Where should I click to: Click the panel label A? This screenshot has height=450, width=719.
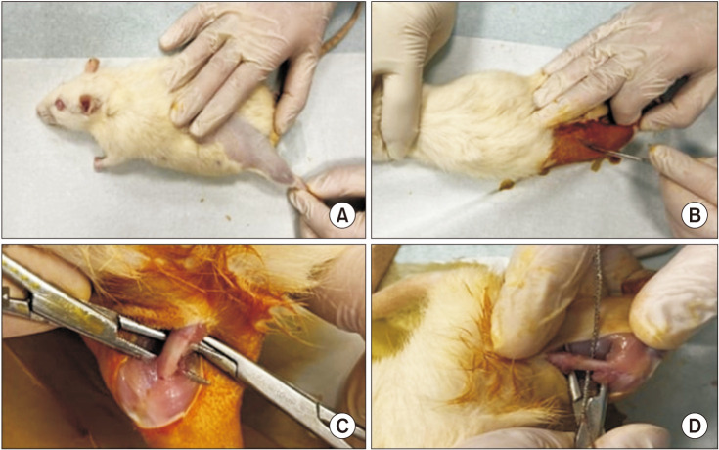(342, 215)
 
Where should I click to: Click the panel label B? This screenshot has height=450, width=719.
(695, 215)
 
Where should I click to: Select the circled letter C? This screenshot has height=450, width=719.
(342, 427)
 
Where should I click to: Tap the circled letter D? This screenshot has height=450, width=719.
(695, 427)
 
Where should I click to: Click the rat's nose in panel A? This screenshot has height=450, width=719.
(41, 111)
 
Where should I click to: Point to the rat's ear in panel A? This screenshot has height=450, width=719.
(92, 66)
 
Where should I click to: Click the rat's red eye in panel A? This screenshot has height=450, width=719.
(60, 105)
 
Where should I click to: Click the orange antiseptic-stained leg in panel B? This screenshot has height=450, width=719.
(589, 142)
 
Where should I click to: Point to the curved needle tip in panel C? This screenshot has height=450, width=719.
(202, 380)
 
